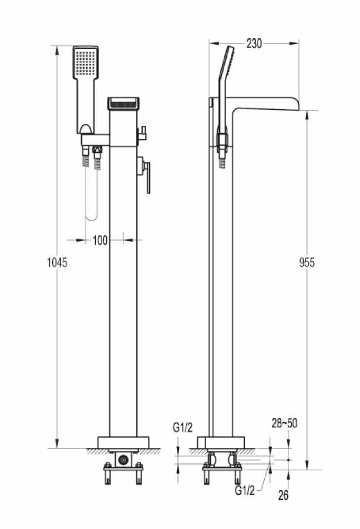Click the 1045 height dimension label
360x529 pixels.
57,262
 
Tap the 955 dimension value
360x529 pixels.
307,262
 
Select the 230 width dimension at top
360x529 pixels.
254,43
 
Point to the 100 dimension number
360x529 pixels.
100,240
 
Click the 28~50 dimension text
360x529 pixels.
284,423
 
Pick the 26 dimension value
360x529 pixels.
283,495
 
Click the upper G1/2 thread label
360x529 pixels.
183,427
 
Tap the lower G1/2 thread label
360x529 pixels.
245,490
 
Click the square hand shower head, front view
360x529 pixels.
86,63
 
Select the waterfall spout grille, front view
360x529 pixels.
123,104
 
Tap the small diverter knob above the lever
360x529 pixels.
142,133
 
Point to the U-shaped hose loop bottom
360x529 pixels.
92,217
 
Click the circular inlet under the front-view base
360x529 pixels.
123,460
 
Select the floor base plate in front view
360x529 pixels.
123,443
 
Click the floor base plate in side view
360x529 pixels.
221,443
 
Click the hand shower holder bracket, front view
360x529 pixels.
95,139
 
